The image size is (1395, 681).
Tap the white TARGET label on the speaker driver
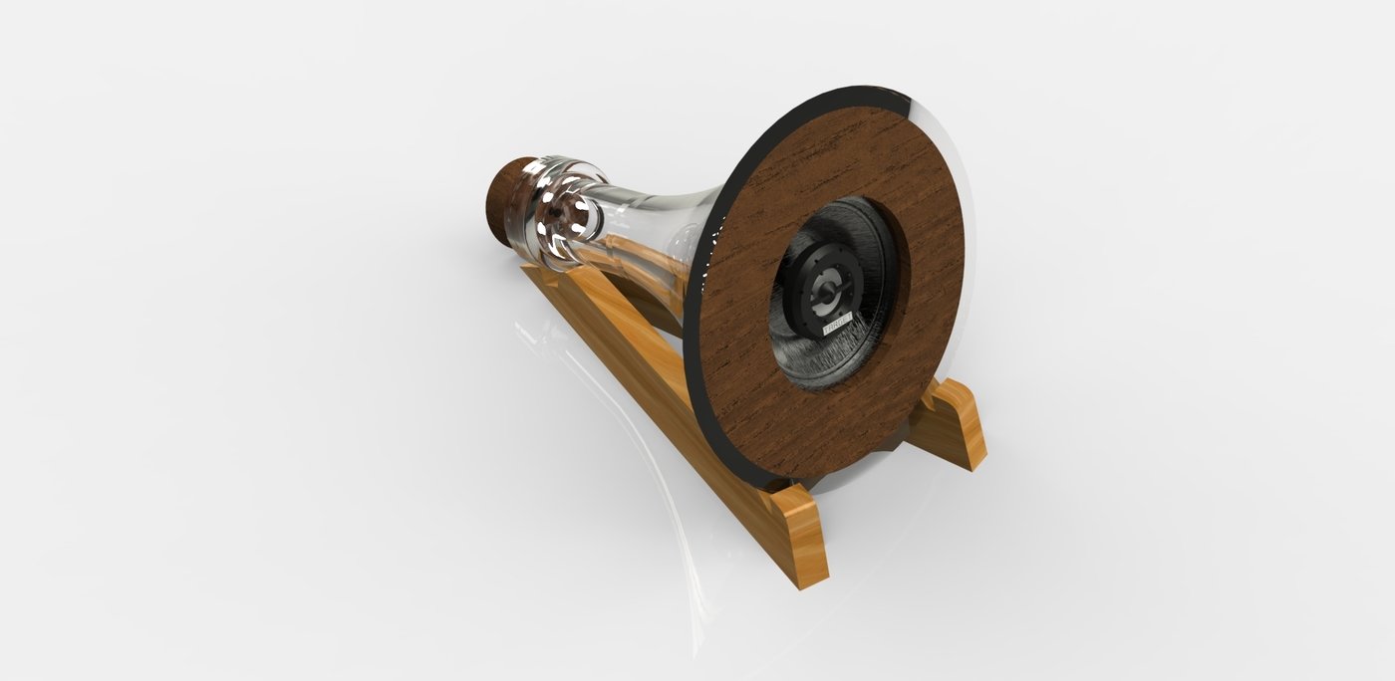tap(835, 325)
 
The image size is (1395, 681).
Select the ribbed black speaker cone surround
tap(857, 358)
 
